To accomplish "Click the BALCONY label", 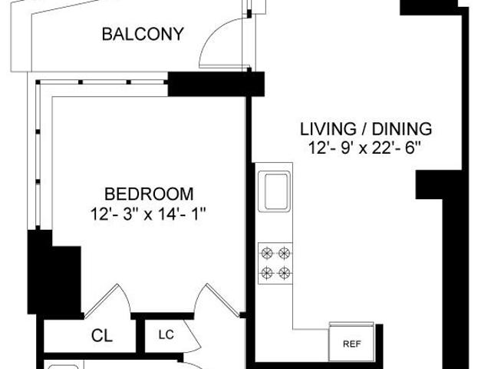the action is tap(143, 34).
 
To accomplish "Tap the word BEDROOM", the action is tap(149, 194).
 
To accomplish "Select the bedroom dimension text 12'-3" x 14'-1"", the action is tap(148, 214).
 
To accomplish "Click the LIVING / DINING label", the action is tap(366, 129).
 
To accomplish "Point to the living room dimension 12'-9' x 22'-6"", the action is tap(364, 148).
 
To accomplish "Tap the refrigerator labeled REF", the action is tap(351, 343).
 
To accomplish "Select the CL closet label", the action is tap(102, 336).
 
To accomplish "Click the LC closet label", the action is tap(166, 335).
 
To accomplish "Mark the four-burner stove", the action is tap(275, 263).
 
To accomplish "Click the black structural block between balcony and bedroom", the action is tap(216, 84).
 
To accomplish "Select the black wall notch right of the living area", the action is tap(430, 184).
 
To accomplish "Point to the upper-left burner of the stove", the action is tap(267, 253).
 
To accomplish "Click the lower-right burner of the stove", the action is tap(284, 273).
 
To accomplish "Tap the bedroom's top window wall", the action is tap(102, 82).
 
